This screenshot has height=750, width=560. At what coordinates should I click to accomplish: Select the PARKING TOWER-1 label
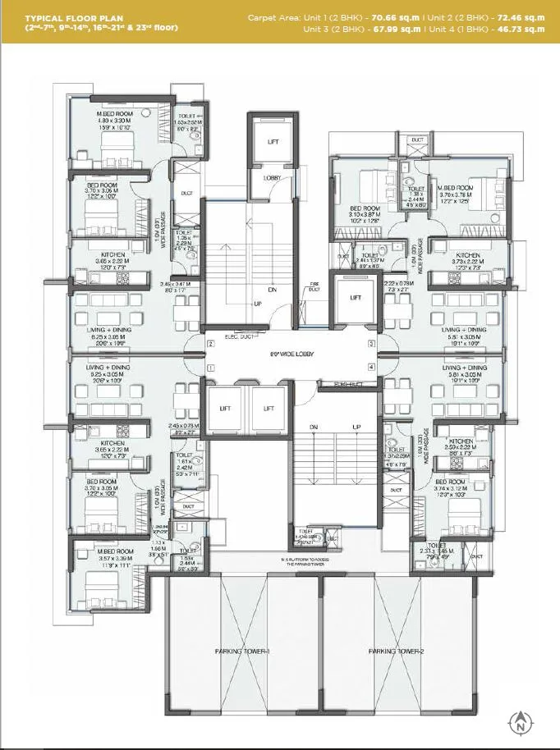click(x=239, y=651)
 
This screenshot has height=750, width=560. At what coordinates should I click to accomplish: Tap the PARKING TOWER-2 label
click(x=397, y=651)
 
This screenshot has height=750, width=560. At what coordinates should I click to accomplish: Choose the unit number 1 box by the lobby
click(x=211, y=368)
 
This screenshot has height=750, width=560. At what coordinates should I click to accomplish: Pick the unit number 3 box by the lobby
click(x=372, y=344)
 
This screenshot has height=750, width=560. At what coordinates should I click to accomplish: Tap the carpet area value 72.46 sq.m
click(x=522, y=17)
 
